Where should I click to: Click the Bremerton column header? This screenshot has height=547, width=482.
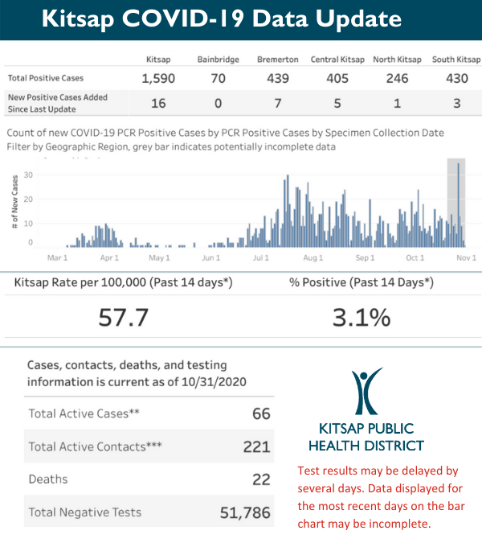[278, 60]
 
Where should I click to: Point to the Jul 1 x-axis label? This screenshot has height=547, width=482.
[259, 258]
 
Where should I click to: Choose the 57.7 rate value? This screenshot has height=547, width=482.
[124, 317]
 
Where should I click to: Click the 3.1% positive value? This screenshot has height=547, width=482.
[361, 317]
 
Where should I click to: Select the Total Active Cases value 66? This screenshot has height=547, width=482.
[260, 414]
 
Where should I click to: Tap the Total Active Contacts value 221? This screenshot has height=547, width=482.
[256, 446]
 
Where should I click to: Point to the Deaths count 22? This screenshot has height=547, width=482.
[260, 479]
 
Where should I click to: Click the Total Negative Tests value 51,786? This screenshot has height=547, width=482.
[245, 512]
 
